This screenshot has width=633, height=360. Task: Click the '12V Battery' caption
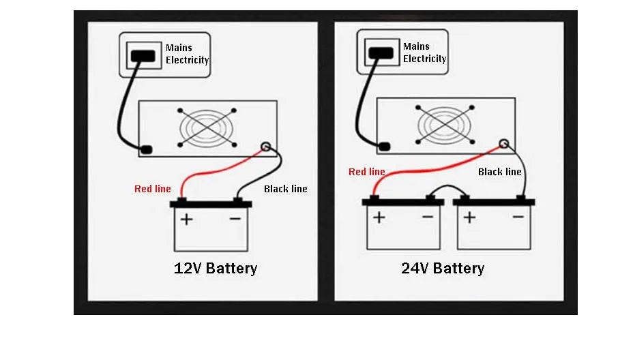point(216,268)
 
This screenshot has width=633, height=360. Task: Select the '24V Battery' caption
point(443,268)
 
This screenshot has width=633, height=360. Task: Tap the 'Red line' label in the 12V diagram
point(153,188)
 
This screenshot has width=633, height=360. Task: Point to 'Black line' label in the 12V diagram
point(285,188)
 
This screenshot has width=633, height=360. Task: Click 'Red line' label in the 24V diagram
point(367,172)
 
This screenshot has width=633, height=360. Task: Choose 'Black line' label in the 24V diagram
point(499,172)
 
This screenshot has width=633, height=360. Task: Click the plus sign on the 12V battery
point(186,219)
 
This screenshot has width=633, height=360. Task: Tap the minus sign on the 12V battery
point(235,219)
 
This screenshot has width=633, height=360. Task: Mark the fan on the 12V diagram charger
point(207,127)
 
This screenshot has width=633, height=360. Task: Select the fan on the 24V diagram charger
point(445,125)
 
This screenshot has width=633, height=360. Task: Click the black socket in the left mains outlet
point(142,55)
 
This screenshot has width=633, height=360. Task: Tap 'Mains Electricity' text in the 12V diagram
point(187,54)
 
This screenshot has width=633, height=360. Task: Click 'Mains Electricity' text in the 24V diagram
point(424,52)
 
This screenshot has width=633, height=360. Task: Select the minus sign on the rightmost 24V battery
point(518,217)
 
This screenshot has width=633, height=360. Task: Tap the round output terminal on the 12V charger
point(265,146)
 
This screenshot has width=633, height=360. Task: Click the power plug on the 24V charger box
point(383,146)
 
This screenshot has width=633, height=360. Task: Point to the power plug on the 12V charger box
point(146,149)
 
